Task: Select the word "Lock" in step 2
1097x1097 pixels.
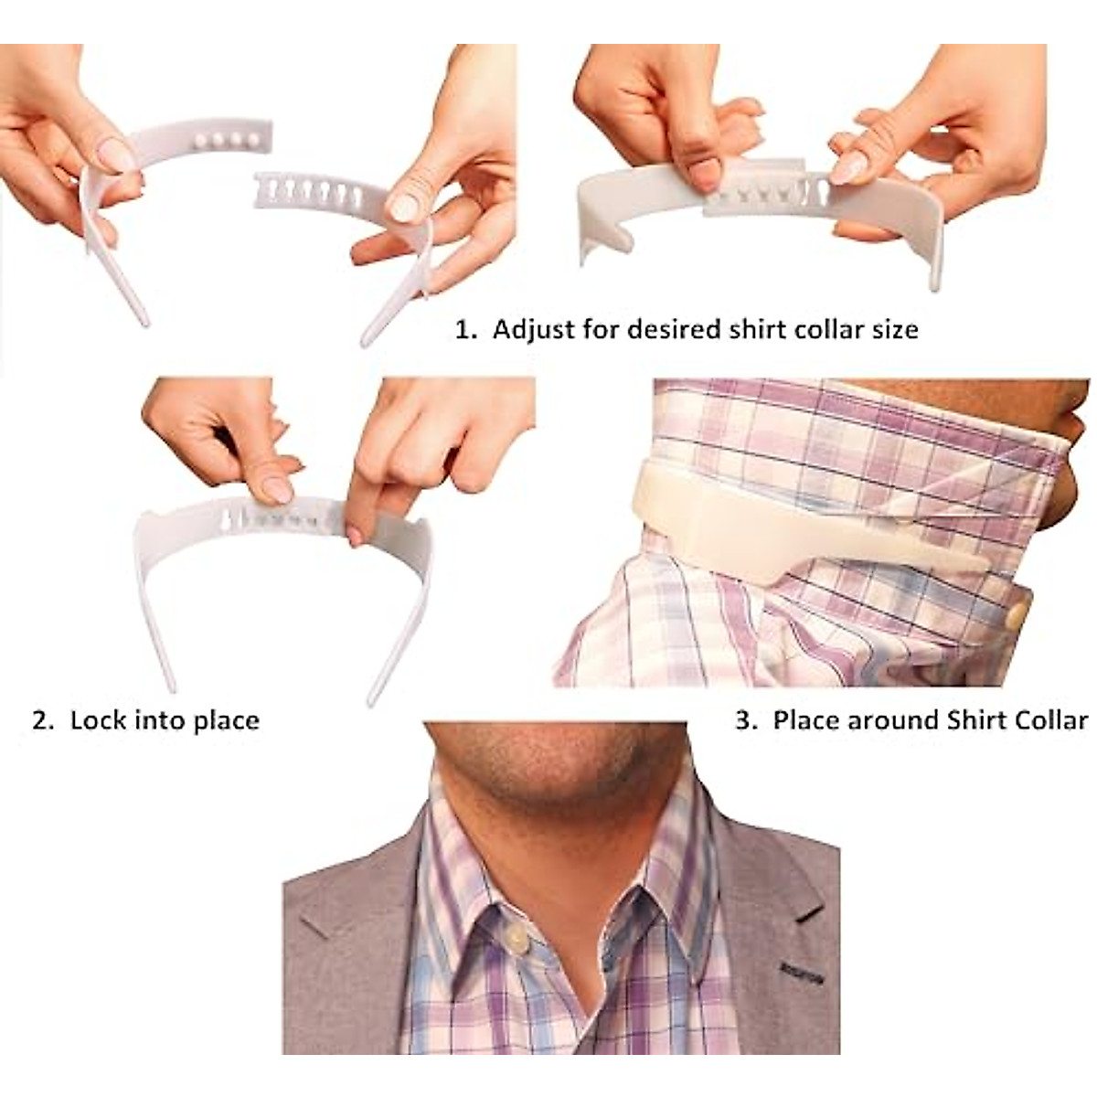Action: [x=99, y=720]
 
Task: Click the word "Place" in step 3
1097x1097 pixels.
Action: [x=806, y=720]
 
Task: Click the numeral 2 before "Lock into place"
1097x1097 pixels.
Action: [x=39, y=720]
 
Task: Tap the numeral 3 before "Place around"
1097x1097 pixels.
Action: [x=742, y=720]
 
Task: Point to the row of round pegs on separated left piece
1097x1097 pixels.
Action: [x=227, y=141]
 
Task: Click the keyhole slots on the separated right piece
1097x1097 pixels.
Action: [x=315, y=192]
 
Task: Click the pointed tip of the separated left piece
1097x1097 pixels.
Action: [x=144, y=320]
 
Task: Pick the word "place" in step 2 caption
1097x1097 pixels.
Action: [x=226, y=720]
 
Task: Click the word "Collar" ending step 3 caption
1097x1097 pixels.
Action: [x=1051, y=720]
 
